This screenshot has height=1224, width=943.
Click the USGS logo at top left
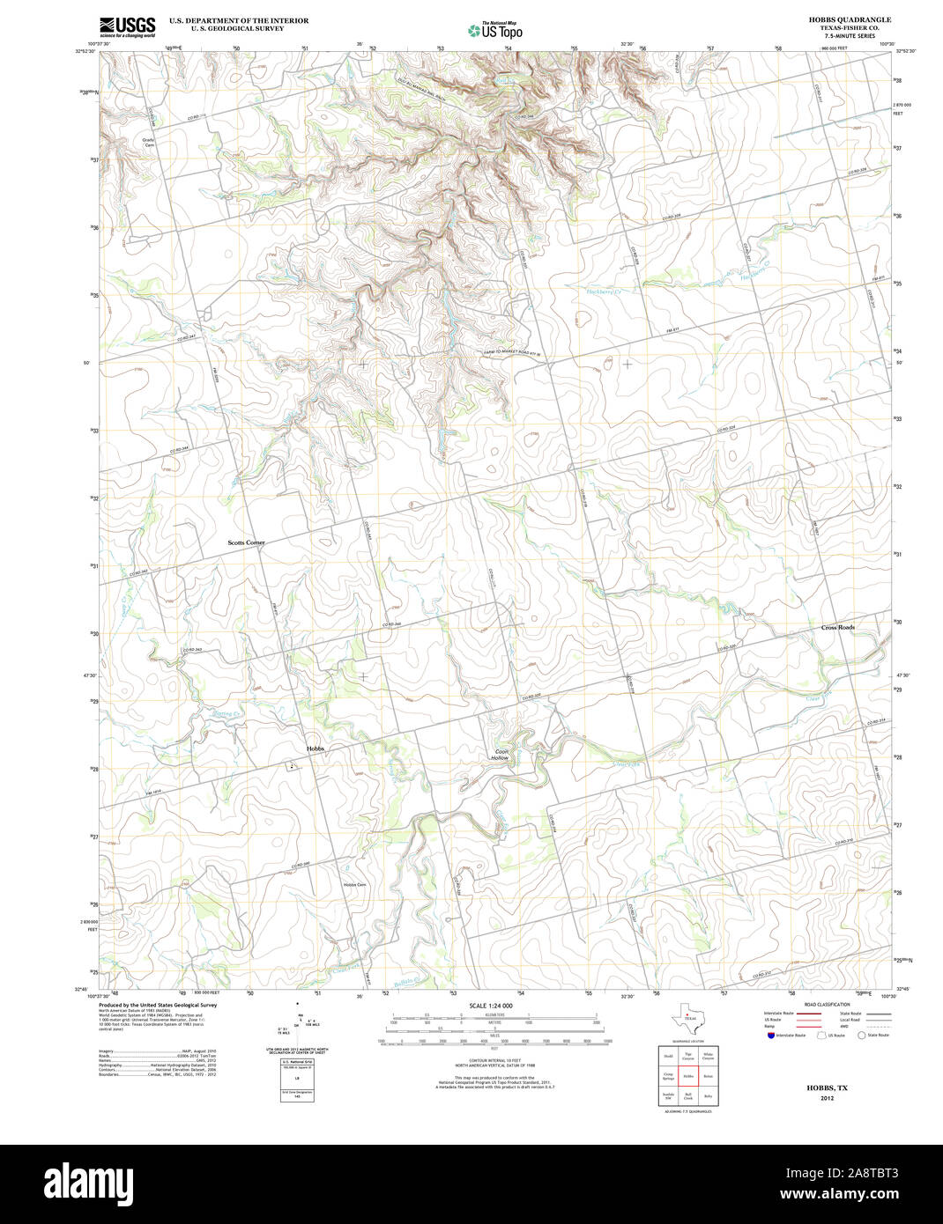[127, 26]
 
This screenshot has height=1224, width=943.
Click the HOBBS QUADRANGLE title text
[837, 19]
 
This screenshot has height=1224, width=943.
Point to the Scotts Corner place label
[246, 542]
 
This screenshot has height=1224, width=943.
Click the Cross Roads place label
[838, 627]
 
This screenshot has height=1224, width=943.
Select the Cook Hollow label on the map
[501, 755]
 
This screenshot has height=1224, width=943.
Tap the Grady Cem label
[149, 142]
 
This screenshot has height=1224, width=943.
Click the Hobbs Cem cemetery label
[355, 884]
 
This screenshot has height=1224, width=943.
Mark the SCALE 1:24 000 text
[491, 1006]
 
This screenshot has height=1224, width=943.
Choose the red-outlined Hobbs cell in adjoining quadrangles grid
[687, 1076]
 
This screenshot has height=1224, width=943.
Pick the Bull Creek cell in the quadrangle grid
[687, 1097]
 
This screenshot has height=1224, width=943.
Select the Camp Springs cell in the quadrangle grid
[668, 1076]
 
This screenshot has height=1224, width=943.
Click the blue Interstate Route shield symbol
[769, 1036]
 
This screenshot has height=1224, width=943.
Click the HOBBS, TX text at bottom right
[827, 1088]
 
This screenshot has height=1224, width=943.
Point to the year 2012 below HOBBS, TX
[827, 1098]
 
